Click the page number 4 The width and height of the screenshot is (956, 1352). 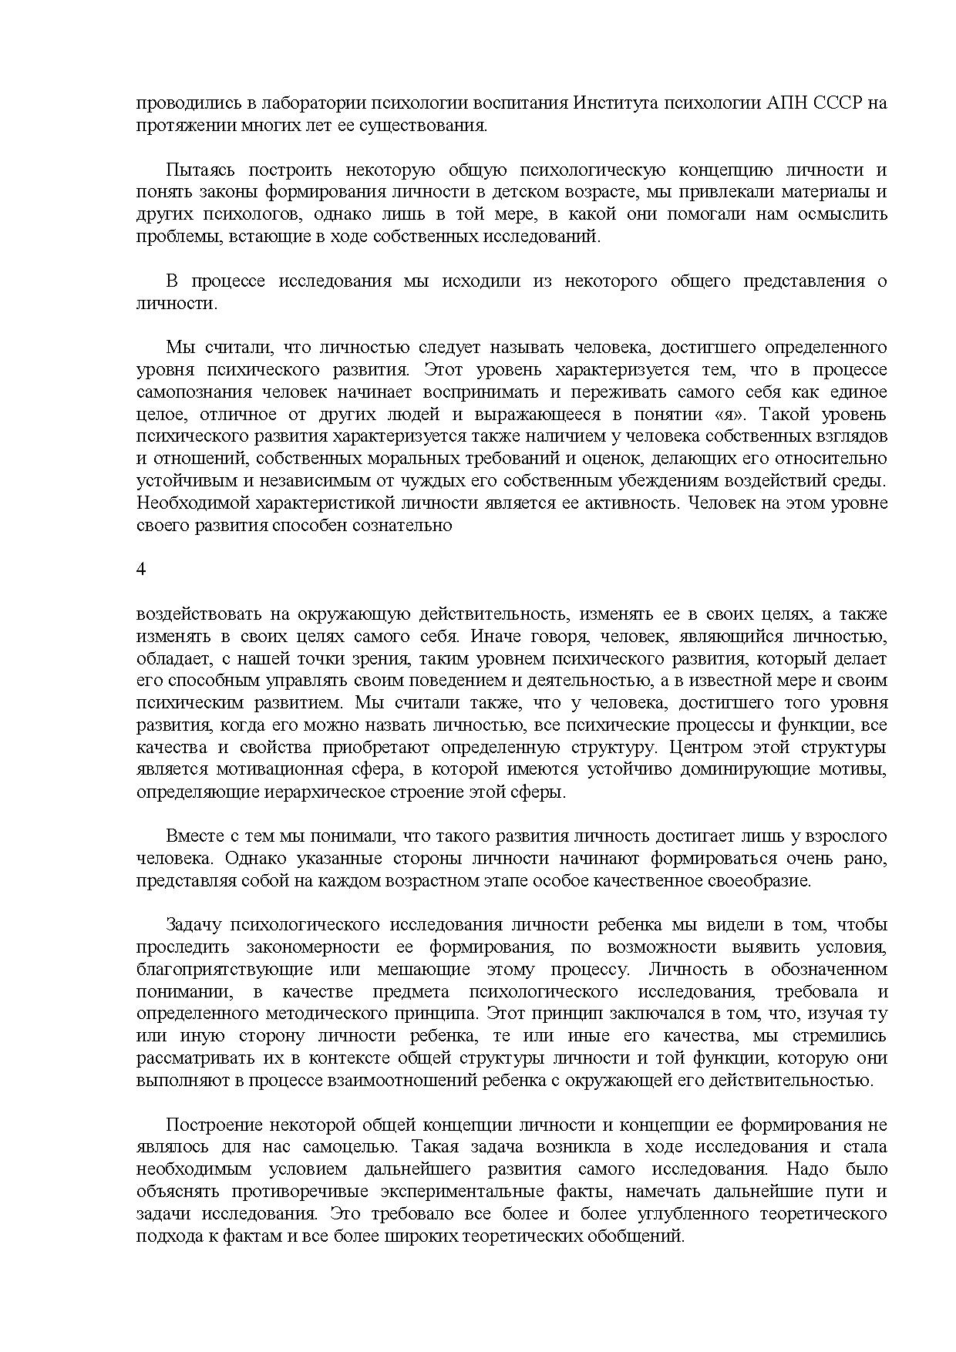[x=140, y=569]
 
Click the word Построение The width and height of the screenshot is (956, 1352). [x=207, y=1125]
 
